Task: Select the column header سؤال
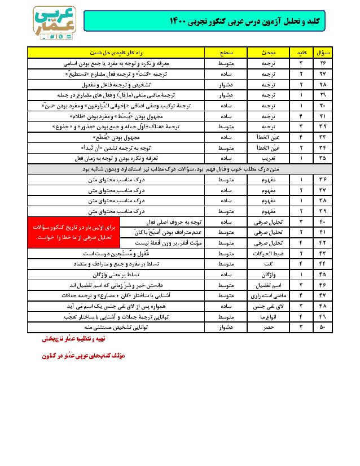point(324,53)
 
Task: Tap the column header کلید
point(300,53)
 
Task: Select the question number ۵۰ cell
point(324,327)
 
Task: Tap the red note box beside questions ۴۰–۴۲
point(73,232)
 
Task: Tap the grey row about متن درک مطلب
point(179,169)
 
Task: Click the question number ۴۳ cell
point(324,253)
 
